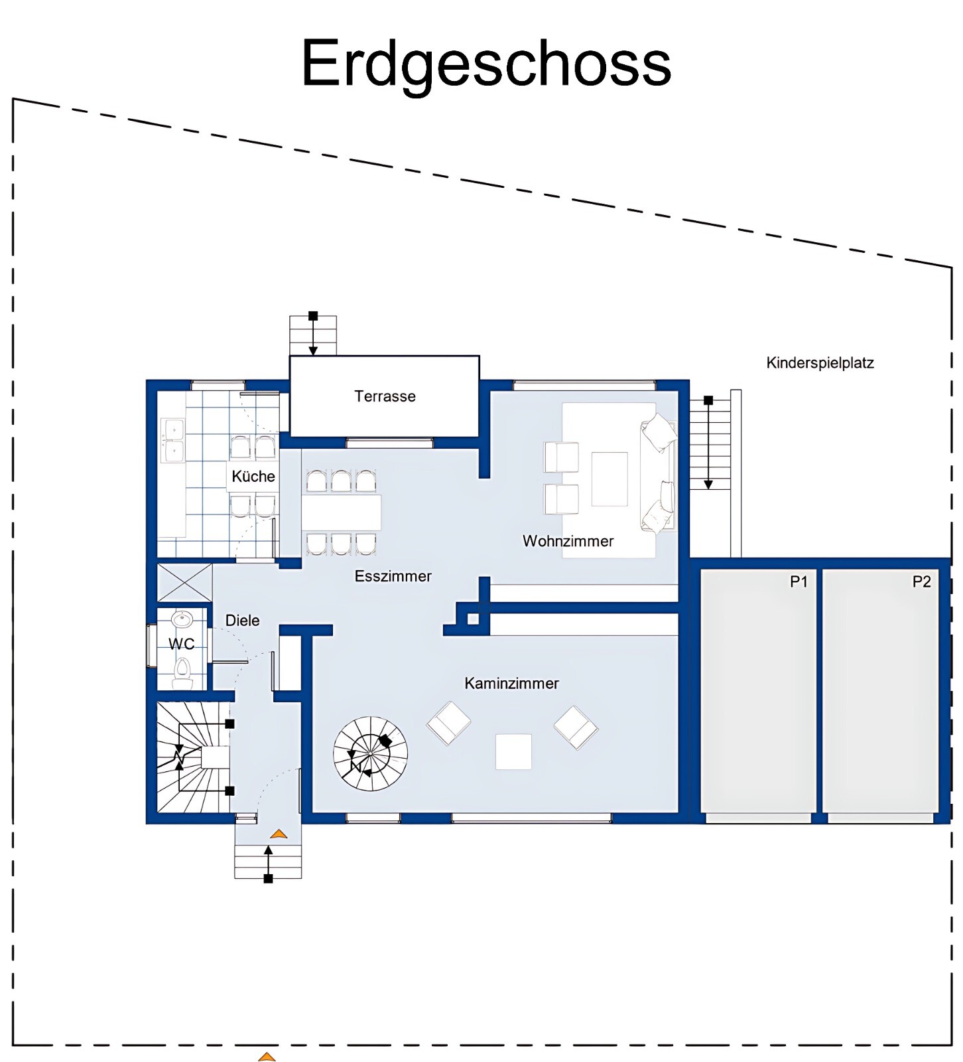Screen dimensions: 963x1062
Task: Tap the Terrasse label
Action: pos(385,396)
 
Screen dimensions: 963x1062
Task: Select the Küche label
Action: pos(253,476)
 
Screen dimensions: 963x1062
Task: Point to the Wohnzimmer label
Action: pos(568,541)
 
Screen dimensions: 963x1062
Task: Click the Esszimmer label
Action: pos(393,576)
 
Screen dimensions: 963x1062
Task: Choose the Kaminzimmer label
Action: pos(511,683)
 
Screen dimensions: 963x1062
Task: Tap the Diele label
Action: pos(242,621)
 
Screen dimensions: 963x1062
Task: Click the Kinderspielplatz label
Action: pos(820,363)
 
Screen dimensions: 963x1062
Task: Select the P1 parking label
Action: pos(799,582)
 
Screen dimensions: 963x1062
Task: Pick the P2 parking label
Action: pos(921,582)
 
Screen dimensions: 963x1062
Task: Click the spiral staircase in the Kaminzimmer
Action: pos(370,753)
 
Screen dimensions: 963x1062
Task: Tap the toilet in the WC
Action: pos(182,672)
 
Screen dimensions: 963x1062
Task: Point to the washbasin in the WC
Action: pos(181,620)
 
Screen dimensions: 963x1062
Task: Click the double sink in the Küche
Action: pos(174,440)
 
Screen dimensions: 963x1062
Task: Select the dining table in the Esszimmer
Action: pos(342,512)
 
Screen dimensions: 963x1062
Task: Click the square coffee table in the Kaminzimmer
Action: pos(513,751)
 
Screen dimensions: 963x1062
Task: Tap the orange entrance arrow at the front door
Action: pos(279,833)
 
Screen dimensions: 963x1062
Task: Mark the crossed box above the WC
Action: pos(184,582)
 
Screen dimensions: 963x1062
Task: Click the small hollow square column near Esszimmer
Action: pos(473,619)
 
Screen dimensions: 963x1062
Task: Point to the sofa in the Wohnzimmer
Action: pos(658,473)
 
